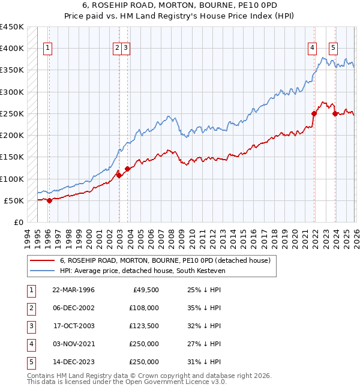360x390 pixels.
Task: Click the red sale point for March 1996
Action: point(49,201)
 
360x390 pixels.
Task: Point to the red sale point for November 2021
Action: point(314,113)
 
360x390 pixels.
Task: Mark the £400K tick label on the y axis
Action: point(12,49)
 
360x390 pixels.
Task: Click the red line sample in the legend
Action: point(42,260)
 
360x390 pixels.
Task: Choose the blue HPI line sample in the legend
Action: point(42,271)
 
